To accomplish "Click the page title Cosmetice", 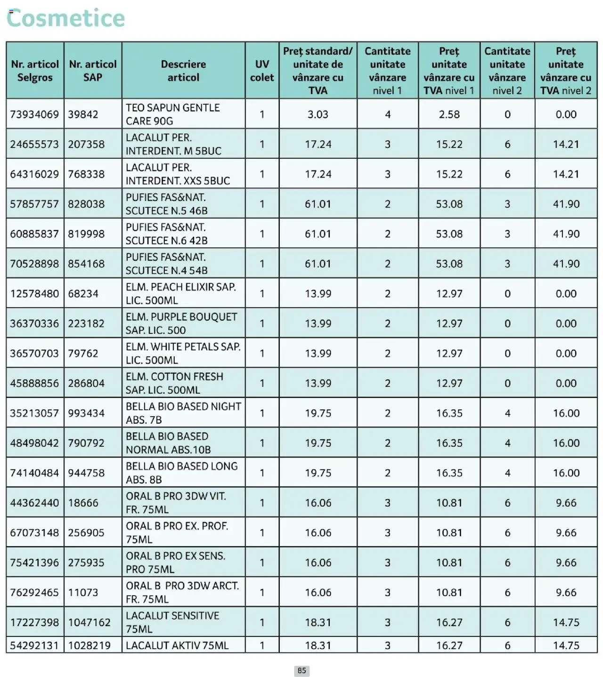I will (66, 18).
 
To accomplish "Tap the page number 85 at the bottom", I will (301, 670).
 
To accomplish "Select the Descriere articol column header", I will (183, 71).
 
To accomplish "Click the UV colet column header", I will (262, 71).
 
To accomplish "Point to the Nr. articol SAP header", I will (93, 71).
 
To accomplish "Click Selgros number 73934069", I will (34, 114).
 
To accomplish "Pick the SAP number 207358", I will (86, 145).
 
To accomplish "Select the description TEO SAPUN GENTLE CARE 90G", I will (172, 114).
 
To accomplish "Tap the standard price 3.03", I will (318, 114).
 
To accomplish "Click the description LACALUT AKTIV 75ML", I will (177, 645).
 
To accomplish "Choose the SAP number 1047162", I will (90, 622).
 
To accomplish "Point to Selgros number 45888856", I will (34, 383).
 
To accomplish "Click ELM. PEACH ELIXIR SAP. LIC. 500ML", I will (181, 294).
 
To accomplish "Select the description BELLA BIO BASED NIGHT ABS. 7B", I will (183, 413).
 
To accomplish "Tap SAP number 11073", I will (83, 592).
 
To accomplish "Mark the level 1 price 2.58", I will (449, 114).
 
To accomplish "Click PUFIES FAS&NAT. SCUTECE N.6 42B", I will (167, 234).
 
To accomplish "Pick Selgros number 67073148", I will (34, 532).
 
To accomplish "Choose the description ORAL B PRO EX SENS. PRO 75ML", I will (175, 563).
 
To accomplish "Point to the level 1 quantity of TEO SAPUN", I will (388, 114).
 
